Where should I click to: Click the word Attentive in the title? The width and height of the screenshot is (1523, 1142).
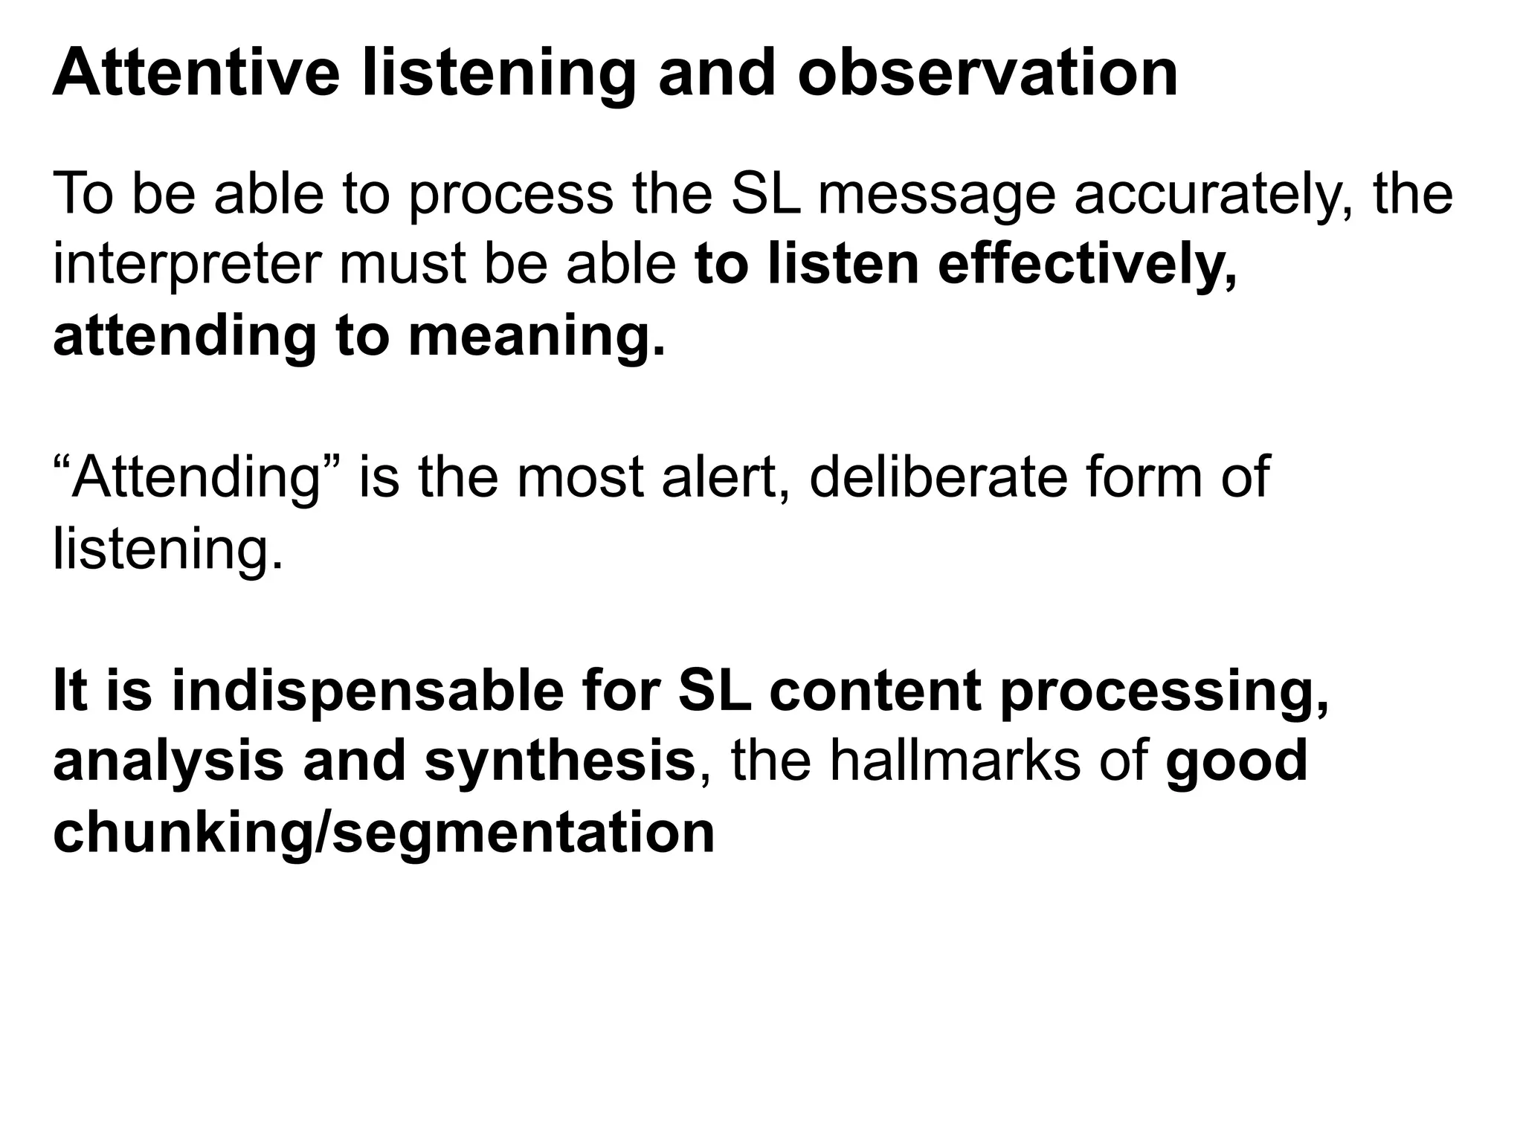coord(196,74)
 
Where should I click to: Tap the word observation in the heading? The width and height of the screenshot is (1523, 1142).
coord(988,74)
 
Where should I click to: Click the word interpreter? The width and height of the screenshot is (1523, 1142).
coord(187,265)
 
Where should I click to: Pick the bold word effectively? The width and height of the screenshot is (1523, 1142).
coord(1087,265)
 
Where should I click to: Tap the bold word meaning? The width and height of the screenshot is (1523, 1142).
coord(536,337)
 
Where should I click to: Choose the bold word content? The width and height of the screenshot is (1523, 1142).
coord(875,691)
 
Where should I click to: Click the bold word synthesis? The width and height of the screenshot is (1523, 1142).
coord(559,762)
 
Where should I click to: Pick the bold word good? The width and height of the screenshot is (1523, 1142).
coord(1236,762)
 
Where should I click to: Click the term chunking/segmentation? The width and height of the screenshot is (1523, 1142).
coord(384,833)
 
